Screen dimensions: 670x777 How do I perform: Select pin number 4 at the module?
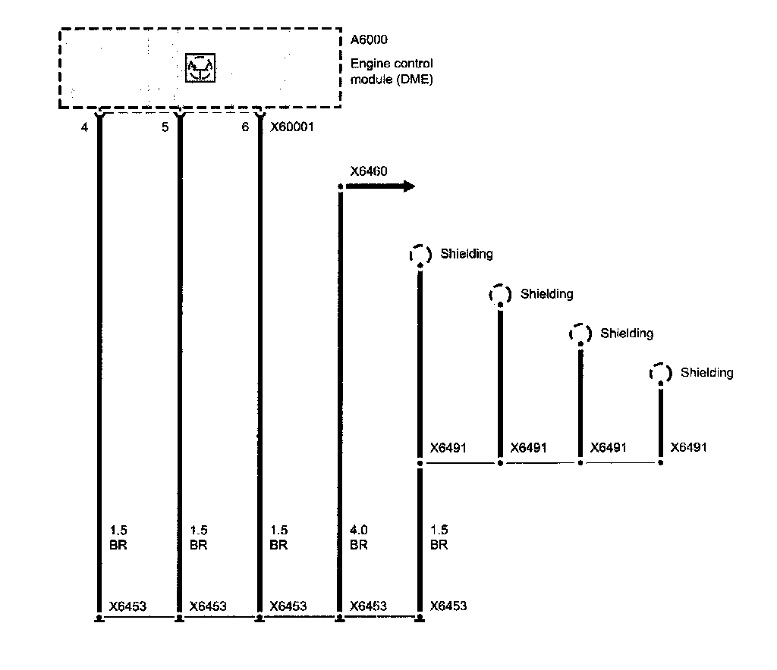pyautogui.click(x=85, y=127)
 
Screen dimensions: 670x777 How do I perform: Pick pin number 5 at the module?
pyautogui.click(x=165, y=127)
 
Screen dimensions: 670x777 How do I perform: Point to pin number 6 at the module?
pyautogui.click(x=244, y=127)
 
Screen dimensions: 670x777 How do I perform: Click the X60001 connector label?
pyautogui.click(x=292, y=127)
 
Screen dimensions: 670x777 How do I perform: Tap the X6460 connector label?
pyautogui.click(x=369, y=171)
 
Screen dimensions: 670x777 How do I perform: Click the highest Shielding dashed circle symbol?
pyautogui.click(x=420, y=255)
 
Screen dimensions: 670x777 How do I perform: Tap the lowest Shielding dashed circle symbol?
pyautogui.click(x=660, y=373)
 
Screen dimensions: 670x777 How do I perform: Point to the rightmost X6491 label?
pyautogui.click(x=688, y=447)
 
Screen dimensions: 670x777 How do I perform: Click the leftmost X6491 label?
pyautogui.click(x=448, y=447)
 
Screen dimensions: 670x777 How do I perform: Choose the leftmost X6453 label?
pyautogui.click(x=127, y=606)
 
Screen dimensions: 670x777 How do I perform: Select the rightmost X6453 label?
pyautogui.click(x=448, y=606)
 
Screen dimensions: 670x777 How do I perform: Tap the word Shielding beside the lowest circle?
pyautogui.click(x=707, y=372)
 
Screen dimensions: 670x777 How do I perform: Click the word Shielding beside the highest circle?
pyautogui.click(x=467, y=254)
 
